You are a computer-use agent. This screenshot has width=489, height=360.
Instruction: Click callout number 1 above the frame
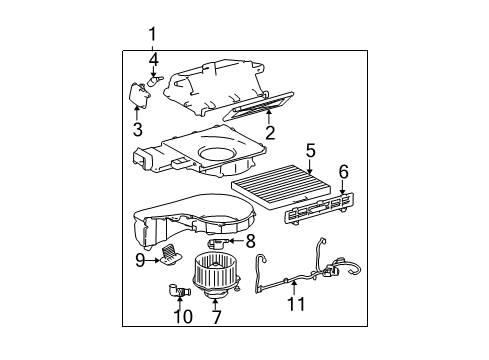[152, 34]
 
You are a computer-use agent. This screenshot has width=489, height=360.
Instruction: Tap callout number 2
[270, 133]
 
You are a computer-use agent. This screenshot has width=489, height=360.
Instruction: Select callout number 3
[138, 129]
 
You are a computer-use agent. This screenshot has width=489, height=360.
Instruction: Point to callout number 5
[310, 151]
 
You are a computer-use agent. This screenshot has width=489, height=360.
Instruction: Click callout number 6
[344, 172]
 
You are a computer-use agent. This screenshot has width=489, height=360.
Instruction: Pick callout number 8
[251, 241]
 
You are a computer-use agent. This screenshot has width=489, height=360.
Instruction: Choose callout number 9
[140, 260]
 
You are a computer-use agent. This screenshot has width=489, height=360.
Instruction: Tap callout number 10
[183, 316]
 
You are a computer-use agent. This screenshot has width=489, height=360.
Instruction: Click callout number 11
[296, 304]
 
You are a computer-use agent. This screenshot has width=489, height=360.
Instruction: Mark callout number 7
[216, 317]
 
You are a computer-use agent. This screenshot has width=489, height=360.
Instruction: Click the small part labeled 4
[155, 81]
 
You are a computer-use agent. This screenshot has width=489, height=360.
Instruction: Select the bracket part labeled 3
[139, 94]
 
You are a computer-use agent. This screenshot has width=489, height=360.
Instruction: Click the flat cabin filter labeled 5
[273, 186]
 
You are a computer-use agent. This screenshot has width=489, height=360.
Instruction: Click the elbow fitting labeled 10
[179, 290]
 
